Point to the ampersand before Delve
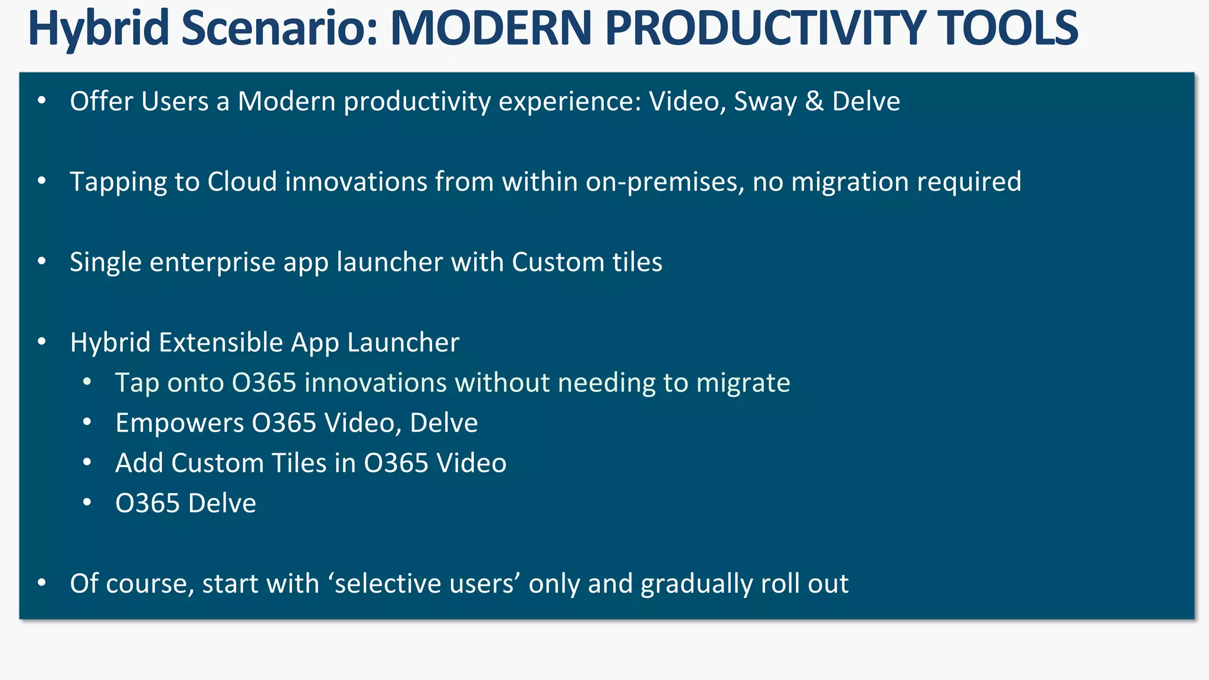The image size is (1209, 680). coord(814,101)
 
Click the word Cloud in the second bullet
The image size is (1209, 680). coord(242,181)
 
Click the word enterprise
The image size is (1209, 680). coord(213,262)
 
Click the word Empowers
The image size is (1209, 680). coord(179,423)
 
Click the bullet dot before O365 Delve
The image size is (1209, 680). coord(87,502)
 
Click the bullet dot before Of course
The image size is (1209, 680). coord(41,583)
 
